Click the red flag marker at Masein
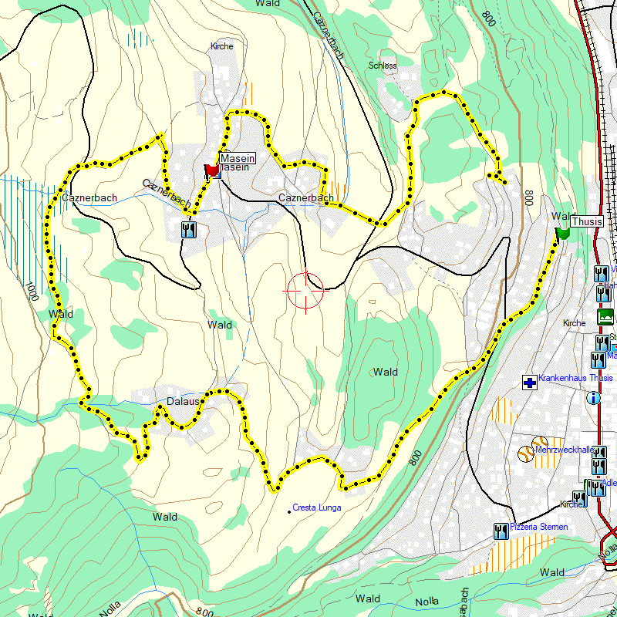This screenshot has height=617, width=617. pos(211,170)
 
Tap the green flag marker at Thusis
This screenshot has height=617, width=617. pos(562,231)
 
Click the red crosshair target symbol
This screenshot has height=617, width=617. pos(305,291)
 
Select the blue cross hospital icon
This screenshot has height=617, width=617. pos(529,382)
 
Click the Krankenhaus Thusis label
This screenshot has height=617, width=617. pos(575,378)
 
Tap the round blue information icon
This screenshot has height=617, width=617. pos(594,398)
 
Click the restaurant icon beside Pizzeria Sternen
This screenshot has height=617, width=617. pos(500,530)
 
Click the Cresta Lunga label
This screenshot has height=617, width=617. pos(317,507)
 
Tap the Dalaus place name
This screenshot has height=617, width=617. pos(184,402)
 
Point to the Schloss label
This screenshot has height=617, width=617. pos(383,66)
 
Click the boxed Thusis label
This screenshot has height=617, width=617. pos(587,220)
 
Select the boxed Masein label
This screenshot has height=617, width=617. pos(236,157)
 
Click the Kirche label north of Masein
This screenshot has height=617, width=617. pos(221,46)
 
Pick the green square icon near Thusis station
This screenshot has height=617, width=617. pos(605,316)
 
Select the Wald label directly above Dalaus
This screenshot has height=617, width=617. pos(219,325)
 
